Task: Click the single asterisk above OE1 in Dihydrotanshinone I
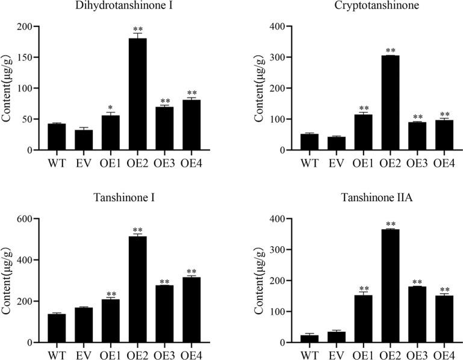click(111, 106)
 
